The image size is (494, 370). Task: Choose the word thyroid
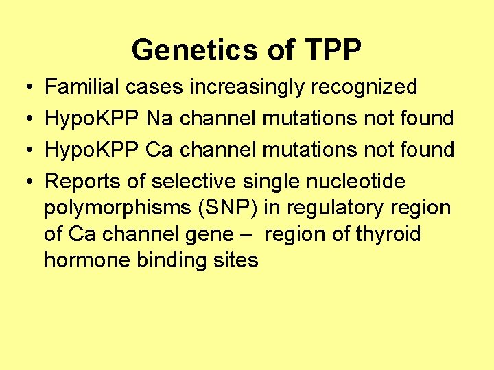pos(388,235)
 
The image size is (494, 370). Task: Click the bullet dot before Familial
pos(24,88)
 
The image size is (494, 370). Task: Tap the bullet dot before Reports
pos(24,182)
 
